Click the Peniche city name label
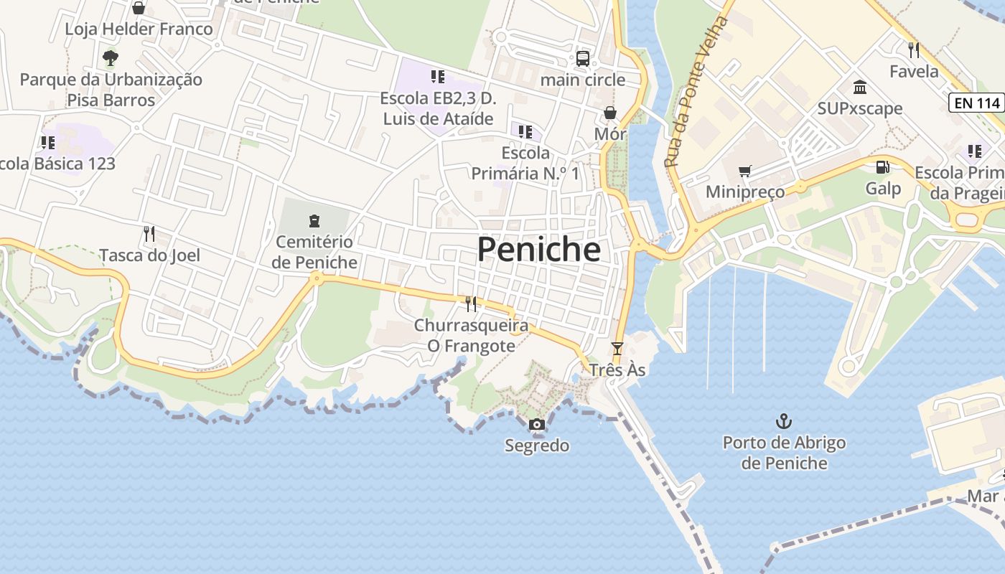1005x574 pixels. (x=538, y=250)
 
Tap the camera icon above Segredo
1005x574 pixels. (x=536, y=425)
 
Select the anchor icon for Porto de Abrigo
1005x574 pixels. (x=784, y=421)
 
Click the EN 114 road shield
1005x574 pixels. (x=977, y=103)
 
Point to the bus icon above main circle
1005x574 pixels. (x=582, y=59)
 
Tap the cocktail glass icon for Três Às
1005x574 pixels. (x=617, y=349)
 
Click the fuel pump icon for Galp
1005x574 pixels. (x=882, y=167)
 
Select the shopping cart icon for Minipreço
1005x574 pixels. (x=744, y=171)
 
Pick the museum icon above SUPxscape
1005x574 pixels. (x=859, y=88)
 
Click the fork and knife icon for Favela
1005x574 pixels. (x=913, y=50)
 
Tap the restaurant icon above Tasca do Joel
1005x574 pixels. (x=149, y=234)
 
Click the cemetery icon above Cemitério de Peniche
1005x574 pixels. (x=314, y=221)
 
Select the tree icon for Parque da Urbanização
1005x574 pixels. (x=110, y=58)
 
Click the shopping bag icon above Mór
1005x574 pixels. (x=609, y=113)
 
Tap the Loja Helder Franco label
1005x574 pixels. (x=139, y=29)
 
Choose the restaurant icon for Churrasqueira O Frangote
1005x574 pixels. (x=471, y=304)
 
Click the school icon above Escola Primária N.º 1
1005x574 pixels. (x=525, y=132)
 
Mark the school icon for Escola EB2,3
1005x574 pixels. (x=437, y=77)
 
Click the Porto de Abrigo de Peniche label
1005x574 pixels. (x=784, y=453)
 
